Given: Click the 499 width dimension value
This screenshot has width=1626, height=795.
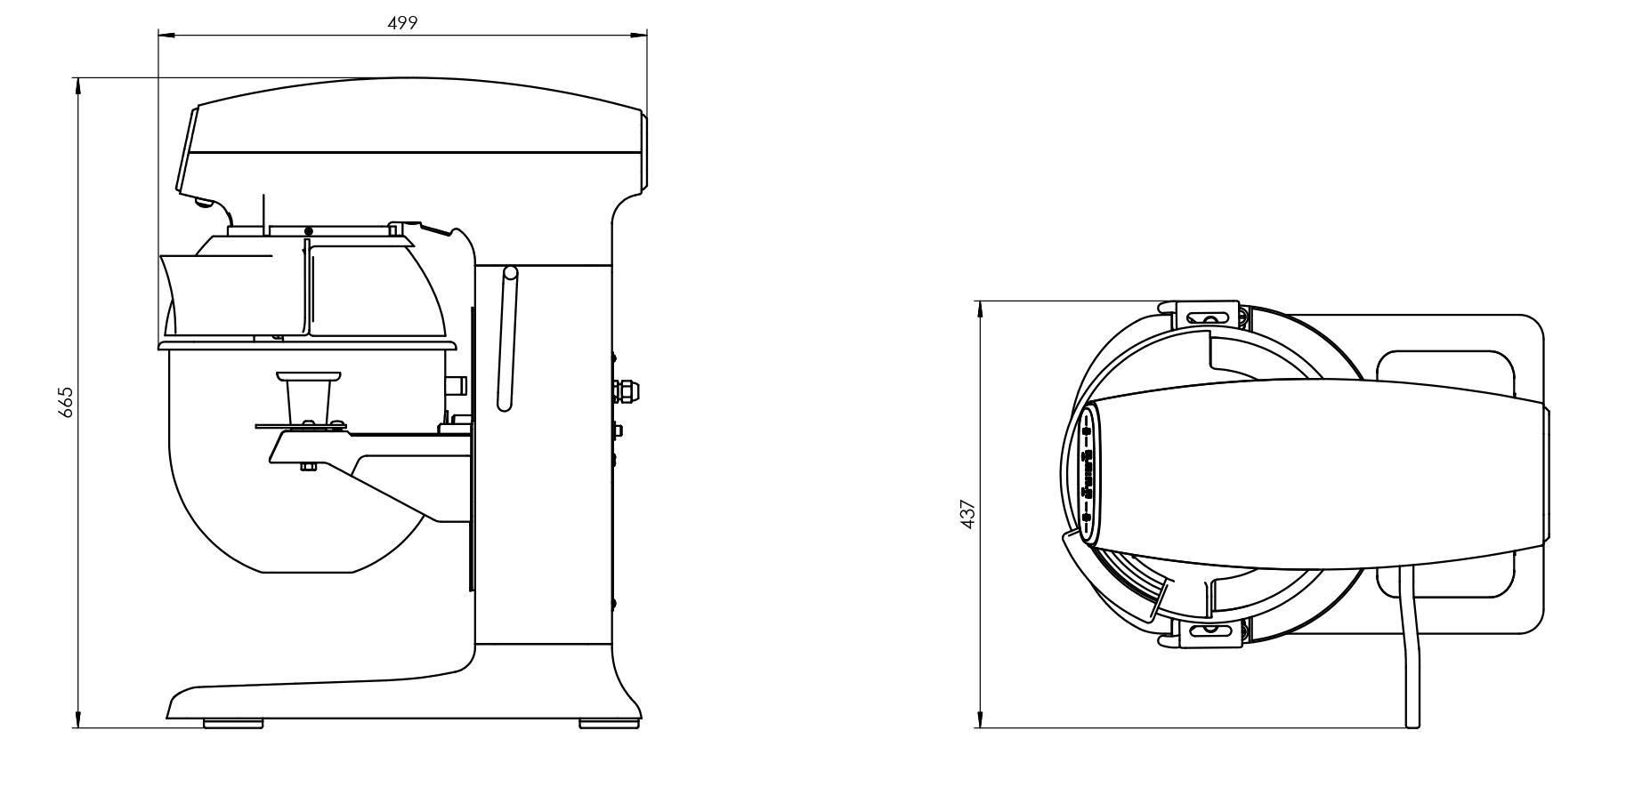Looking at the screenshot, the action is click(x=402, y=22).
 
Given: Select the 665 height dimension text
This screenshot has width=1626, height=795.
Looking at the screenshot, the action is click(x=66, y=402).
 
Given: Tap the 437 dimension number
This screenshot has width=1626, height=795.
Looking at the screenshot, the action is click(x=969, y=514).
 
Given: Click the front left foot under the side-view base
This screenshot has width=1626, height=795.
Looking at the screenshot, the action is click(x=233, y=724).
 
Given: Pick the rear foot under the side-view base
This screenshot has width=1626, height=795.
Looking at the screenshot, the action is click(x=609, y=724).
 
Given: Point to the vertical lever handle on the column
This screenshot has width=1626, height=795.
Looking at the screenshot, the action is click(x=506, y=339).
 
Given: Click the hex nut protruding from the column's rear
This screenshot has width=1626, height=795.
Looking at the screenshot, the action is click(x=627, y=389).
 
